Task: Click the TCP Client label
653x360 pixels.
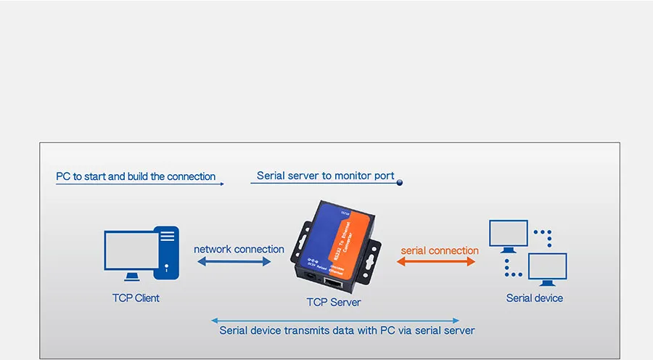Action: [x=136, y=298]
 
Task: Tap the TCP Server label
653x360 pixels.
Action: [x=334, y=302]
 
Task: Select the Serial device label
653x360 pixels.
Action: [x=534, y=298]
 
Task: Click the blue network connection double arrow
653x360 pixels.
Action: [x=232, y=261]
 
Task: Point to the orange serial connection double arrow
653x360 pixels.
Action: [x=439, y=261]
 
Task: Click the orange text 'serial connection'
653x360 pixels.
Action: [x=440, y=250]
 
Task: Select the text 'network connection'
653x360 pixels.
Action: [x=239, y=249]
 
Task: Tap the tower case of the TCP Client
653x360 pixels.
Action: [x=168, y=250]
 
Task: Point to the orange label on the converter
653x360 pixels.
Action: [x=348, y=240]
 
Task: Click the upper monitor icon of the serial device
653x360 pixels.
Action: [x=508, y=234]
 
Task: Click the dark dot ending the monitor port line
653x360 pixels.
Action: [x=399, y=183]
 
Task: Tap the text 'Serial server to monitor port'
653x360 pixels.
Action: [x=326, y=176]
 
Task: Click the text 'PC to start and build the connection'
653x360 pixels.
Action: [x=136, y=176]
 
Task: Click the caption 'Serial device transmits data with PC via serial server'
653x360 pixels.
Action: [x=347, y=330]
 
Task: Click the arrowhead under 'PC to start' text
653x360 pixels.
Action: [x=221, y=184]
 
